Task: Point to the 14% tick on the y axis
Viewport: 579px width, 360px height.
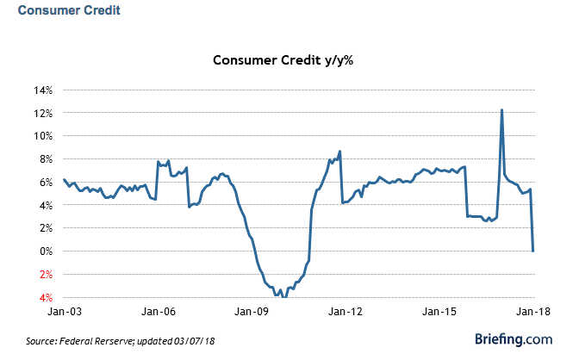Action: (44, 90)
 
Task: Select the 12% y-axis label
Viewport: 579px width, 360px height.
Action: (44, 114)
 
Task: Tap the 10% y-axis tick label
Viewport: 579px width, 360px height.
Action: (44, 136)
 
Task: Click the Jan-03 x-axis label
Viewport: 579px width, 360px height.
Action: (64, 311)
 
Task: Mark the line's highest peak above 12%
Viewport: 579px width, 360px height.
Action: (501, 109)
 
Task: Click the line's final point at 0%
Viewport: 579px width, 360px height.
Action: (533, 251)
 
